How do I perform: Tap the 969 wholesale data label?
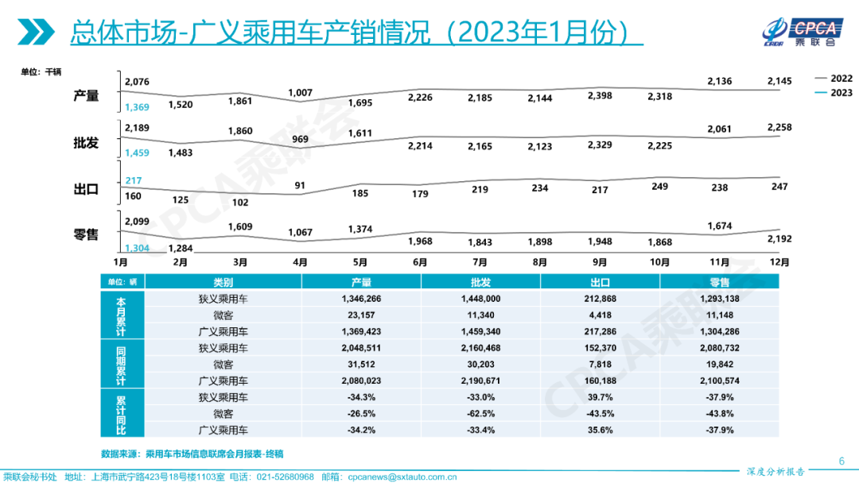[x=301, y=140]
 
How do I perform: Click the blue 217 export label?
[x=134, y=181]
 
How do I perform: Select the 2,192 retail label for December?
[x=779, y=238]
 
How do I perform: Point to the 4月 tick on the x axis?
[x=301, y=261]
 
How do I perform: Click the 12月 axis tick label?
[x=779, y=261]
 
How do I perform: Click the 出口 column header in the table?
[x=600, y=282]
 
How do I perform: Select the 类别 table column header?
[x=223, y=282]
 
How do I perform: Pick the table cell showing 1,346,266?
[x=361, y=299]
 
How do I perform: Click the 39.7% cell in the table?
[x=600, y=396]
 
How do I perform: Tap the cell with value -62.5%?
[x=480, y=413]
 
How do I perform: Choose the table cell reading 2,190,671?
[x=480, y=381]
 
